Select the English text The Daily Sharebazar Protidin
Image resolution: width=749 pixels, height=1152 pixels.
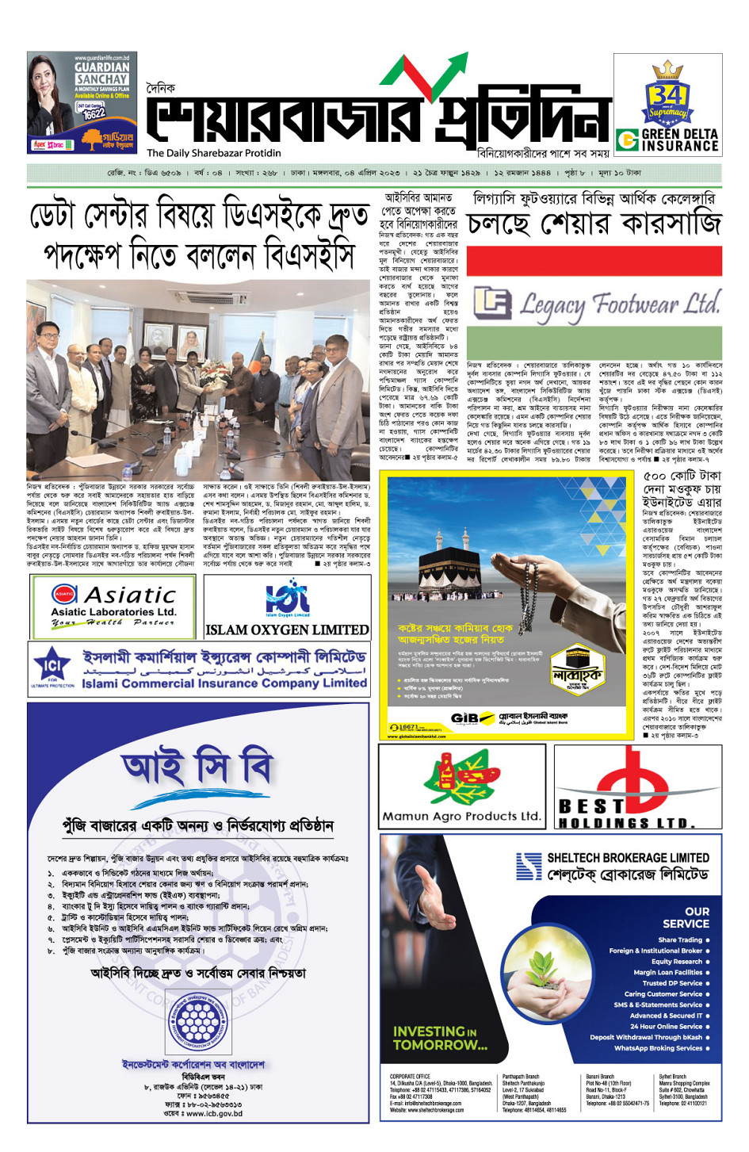pos(213,153)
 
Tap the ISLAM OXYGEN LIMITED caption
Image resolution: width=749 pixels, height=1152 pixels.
pos(287,630)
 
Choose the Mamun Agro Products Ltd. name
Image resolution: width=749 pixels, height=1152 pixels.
pos(461,816)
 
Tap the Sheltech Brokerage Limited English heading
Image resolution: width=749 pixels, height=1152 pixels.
pos(628,858)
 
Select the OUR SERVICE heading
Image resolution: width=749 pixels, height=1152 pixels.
pos(686,917)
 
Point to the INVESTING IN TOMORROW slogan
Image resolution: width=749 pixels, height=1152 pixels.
pos(440,1038)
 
